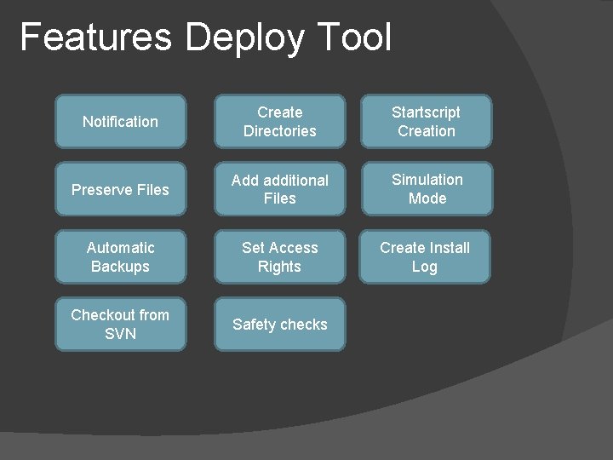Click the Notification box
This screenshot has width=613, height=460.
(120, 122)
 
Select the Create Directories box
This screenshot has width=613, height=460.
(279, 122)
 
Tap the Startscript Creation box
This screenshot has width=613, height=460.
(426, 122)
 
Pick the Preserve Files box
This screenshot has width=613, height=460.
(120, 189)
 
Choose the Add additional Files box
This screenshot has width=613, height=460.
(279, 189)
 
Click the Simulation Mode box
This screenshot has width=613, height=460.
(427, 189)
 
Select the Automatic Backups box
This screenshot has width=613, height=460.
(120, 256)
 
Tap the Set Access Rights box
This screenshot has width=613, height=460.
(279, 256)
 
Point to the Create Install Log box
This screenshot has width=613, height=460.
(424, 256)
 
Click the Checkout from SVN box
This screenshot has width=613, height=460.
(120, 324)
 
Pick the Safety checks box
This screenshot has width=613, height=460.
(279, 324)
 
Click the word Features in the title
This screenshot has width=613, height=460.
(95, 37)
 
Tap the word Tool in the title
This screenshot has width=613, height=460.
(354, 37)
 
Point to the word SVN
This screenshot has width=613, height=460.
(120, 334)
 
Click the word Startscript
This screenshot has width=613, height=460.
(426, 112)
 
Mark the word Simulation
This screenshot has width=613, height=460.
(427, 180)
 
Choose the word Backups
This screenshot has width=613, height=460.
(120, 267)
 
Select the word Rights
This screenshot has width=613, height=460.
(279, 267)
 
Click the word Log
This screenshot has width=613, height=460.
(424, 267)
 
